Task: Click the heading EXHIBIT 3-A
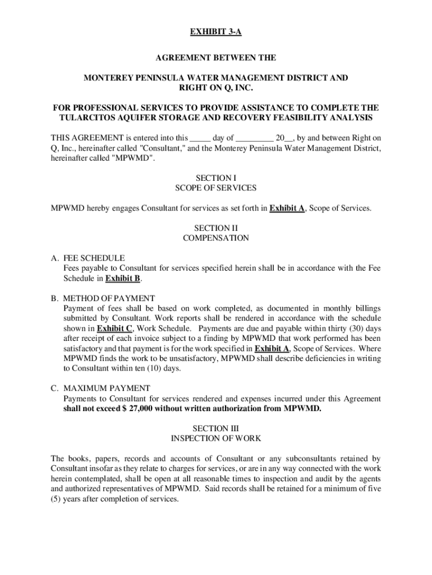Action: (215, 33)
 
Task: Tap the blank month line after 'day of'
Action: (255, 138)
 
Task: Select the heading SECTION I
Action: (215, 178)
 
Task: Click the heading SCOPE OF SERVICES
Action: (215, 188)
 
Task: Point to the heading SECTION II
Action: (215, 229)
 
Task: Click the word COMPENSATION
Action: (215, 238)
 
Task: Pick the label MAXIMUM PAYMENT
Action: (107, 388)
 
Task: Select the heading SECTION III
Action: (215, 428)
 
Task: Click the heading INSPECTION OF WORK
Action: (215, 438)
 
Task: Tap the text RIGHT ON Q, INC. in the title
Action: (215, 88)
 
